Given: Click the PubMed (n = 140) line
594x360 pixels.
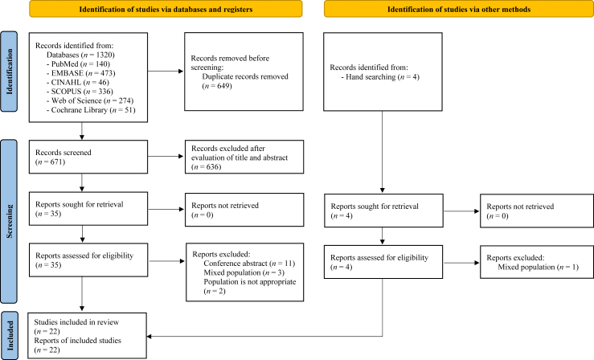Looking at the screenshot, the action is (78, 64).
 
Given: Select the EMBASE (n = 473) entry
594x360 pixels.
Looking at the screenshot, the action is (80, 73).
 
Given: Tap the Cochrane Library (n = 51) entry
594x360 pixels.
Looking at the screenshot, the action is (91, 110).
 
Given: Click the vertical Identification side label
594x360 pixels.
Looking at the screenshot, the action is (9, 72).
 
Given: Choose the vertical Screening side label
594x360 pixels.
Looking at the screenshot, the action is (9, 222).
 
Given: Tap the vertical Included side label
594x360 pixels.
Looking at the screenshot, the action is (10, 336).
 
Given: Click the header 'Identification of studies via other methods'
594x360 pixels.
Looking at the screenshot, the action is (459, 9).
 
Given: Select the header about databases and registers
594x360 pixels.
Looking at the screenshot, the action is (166, 9).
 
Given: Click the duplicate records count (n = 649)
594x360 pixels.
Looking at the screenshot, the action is (217, 85).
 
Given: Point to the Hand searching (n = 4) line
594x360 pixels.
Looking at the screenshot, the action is (380, 77).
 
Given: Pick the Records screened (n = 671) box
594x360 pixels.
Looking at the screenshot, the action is (88, 157).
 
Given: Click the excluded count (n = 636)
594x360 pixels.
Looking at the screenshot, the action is (206, 167).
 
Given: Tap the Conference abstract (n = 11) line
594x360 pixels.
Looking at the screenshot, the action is (249, 264).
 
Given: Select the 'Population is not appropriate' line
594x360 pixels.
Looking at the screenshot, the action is (250, 282).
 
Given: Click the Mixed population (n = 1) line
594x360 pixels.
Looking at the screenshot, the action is (539, 267).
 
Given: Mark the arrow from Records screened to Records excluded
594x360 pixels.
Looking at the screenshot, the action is (166, 156).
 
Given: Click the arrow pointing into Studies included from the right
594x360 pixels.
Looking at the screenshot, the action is (264, 336).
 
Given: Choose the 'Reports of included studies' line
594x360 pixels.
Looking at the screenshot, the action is (78, 341).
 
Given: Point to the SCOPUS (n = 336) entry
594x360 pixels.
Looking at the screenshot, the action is (80, 92).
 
